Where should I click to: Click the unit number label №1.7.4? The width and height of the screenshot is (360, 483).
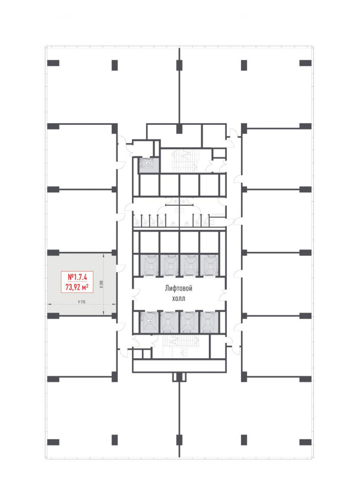(77, 277)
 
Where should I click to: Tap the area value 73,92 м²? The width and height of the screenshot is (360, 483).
(77, 287)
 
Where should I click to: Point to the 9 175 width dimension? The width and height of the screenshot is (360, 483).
(81, 302)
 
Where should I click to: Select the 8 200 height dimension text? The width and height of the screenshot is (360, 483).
(102, 284)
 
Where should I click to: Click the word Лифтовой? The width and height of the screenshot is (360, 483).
(178, 288)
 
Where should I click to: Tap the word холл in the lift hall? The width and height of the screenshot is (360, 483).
(178, 298)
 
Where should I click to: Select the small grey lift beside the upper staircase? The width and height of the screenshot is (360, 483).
(149, 165)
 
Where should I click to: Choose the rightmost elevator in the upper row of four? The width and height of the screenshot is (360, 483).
(209, 265)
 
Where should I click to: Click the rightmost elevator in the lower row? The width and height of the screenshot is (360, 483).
(209, 322)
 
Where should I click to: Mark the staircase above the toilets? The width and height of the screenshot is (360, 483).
(184, 161)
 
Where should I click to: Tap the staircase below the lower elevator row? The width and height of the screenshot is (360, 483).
(181, 346)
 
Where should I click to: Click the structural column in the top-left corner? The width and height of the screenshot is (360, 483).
(53, 63)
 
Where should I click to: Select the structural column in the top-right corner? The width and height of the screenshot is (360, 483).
(305, 63)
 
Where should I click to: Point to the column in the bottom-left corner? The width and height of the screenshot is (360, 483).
(53, 442)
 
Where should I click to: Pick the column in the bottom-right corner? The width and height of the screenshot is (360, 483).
(305, 442)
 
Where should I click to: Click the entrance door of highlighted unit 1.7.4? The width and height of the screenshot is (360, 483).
(121, 268)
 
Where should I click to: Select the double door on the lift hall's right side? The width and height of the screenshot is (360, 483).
(223, 295)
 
